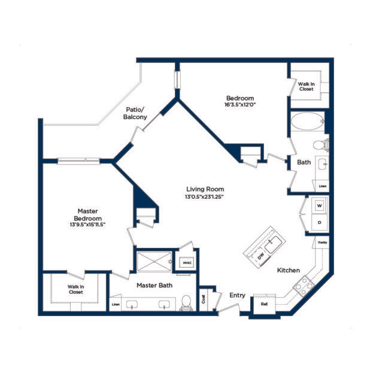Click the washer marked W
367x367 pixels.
click(319, 205)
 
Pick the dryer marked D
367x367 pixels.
click(320, 222)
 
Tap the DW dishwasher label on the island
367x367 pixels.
click(260, 256)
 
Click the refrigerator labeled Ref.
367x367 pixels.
click(264, 304)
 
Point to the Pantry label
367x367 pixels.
click(322, 242)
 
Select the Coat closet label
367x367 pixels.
click(204, 298)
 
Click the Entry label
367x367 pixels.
click(238, 295)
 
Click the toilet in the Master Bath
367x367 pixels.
click(186, 302)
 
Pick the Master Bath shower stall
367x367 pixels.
click(154, 262)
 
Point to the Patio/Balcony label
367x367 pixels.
click(135, 113)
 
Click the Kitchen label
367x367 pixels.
click(288, 271)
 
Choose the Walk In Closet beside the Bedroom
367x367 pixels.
click(306, 86)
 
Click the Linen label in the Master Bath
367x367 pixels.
click(116, 305)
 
